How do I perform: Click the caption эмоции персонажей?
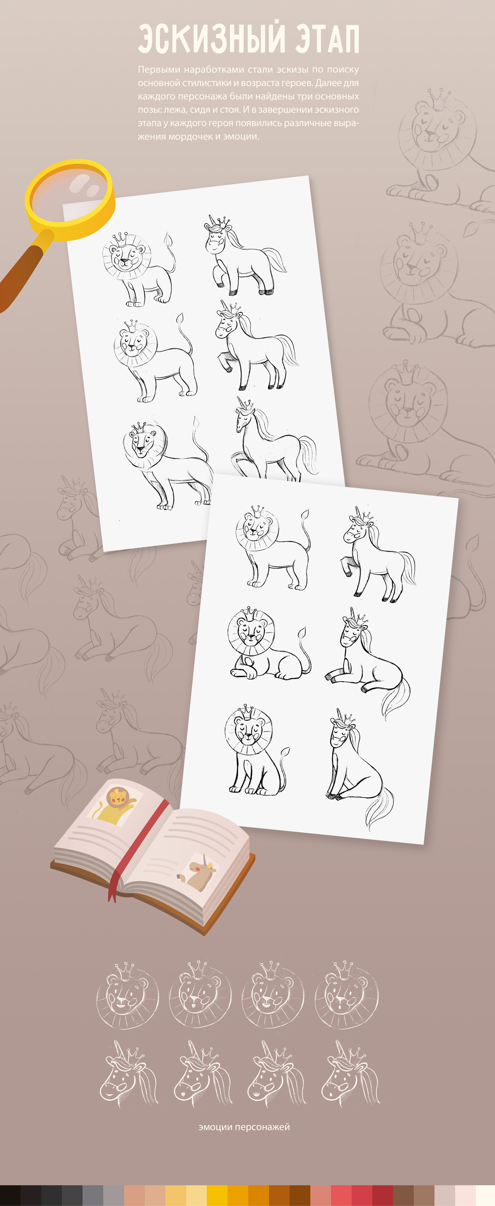click(x=244, y=1127)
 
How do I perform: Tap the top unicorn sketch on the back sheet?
click(x=245, y=255)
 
